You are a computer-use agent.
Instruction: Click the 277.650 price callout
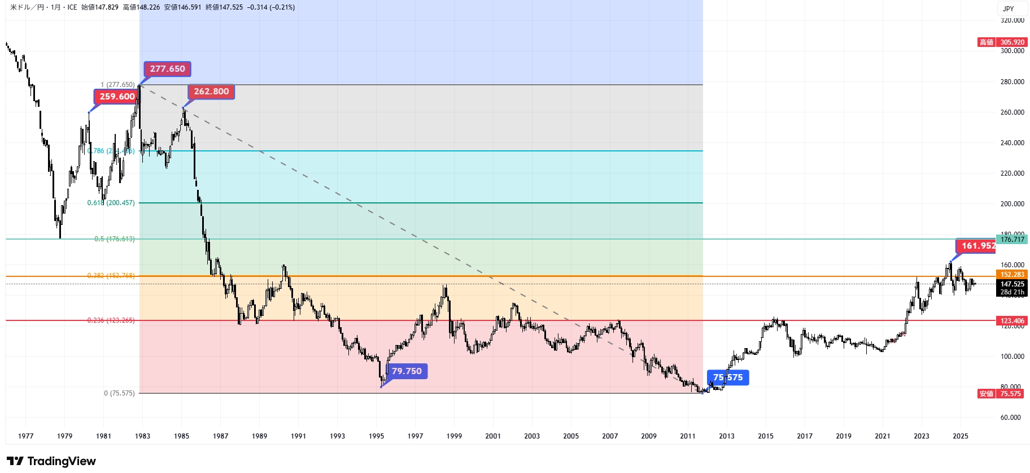click(167, 69)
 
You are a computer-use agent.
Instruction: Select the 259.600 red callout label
click(117, 97)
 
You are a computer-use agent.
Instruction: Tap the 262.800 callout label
click(211, 92)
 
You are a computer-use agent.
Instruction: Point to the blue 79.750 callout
click(407, 371)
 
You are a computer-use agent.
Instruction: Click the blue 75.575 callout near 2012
click(728, 377)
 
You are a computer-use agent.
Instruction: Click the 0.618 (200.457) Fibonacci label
click(111, 203)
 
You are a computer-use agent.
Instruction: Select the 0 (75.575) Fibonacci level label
click(119, 393)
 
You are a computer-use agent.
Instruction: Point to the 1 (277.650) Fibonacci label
click(117, 85)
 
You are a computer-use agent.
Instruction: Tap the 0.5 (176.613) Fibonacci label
click(115, 239)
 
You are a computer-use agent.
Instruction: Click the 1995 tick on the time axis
click(377, 436)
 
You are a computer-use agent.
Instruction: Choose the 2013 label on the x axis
click(727, 436)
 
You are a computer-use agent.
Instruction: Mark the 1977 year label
click(26, 436)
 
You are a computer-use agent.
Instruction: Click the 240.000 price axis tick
click(1012, 143)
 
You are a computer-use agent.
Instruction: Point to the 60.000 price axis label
click(1012, 418)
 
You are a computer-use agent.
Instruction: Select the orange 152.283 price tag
click(1012, 275)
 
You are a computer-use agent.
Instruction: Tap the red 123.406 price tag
click(1012, 321)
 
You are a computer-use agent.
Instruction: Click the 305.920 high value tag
click(1012, 42)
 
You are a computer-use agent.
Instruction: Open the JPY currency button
click(1009, 8)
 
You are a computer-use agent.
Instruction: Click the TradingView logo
click(51, 461)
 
